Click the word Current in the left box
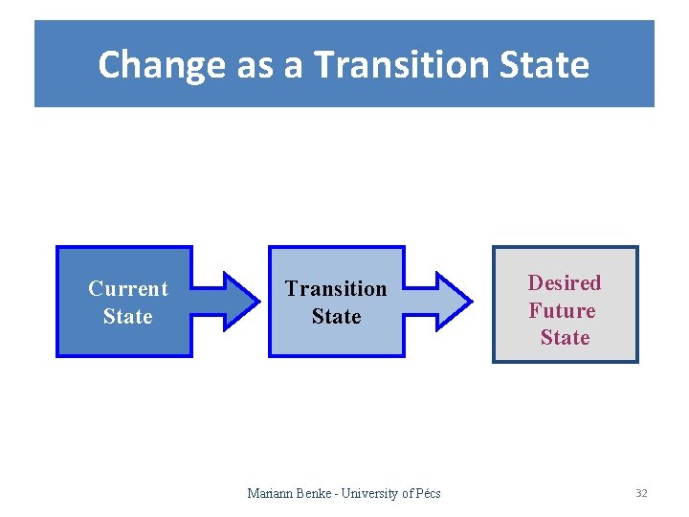(x=127, y=288)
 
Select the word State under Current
(x=127, y=316)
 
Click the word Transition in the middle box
(x=336, y=288)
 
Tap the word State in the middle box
(x=336, y=316)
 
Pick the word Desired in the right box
(x=565, y=282)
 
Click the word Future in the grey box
(x=562, y=310)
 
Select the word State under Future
(x=565, y=337)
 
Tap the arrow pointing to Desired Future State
(x=439, y=302)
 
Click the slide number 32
(x=641, y=493)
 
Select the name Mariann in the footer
(x=270, y=493)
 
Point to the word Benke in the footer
(x=314, y=493)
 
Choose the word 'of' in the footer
(x=407, y=493)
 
